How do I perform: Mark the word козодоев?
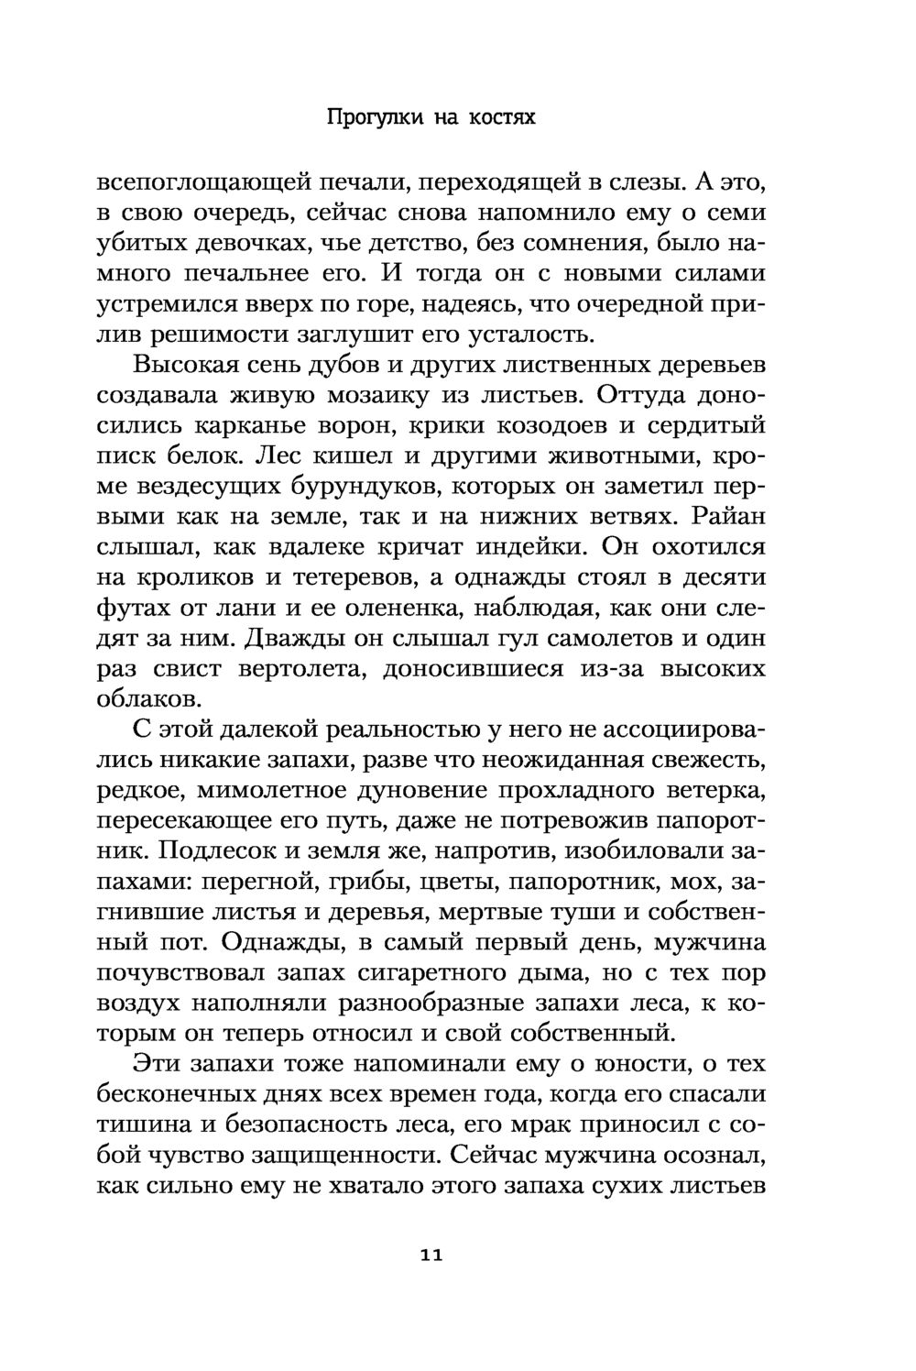(x=566, y=426)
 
